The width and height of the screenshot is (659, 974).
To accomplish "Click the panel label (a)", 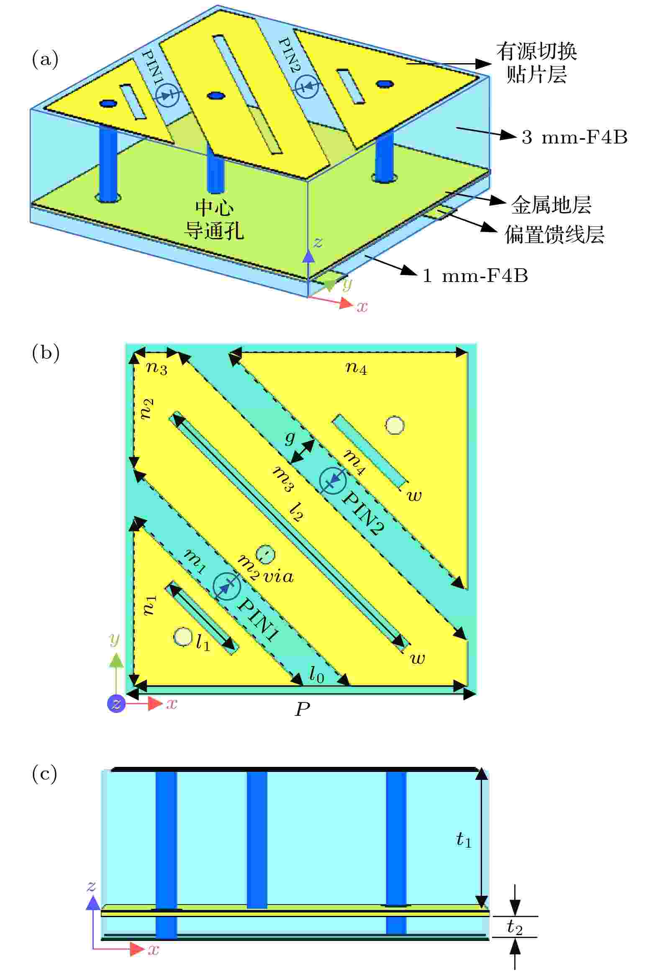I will point(45,59).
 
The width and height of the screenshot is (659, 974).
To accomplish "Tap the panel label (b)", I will point(45,353).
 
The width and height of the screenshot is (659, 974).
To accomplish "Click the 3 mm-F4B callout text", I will point(574,137).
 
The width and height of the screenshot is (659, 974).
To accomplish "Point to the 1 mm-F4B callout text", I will point(475,276).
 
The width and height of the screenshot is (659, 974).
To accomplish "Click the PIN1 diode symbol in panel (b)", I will point(226,585).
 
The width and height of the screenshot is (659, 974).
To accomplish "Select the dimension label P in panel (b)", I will point(302,709).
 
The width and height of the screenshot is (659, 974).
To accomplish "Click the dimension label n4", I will point(356,369).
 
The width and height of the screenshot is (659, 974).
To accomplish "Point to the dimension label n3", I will point(156,369).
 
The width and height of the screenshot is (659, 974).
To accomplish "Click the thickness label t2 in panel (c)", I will point(514,927).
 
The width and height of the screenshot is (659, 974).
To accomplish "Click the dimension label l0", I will point(316,675).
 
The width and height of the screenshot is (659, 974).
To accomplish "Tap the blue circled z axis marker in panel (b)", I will point(117,703).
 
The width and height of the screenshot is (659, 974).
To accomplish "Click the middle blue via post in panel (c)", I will point(256,838).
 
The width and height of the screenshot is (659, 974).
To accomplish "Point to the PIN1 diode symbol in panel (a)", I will point(167,96).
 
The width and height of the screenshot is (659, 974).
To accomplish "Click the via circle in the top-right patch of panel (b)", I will point(395,425).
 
